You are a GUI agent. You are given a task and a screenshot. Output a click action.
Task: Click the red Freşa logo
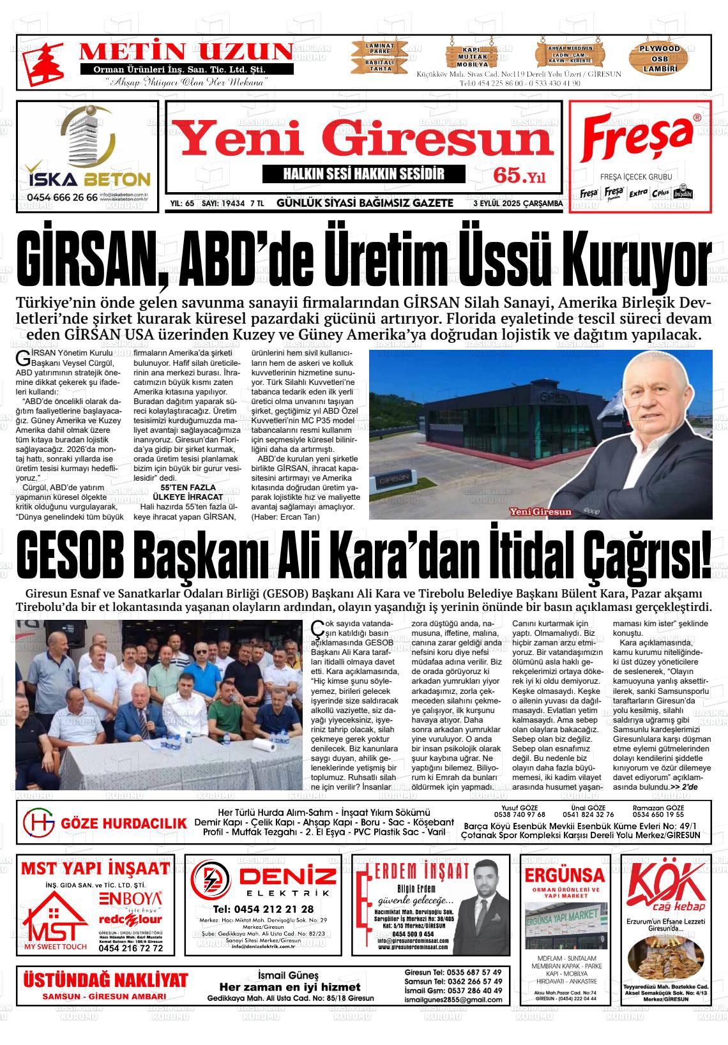639,139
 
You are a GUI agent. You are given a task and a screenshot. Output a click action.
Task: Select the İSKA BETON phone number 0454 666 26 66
62,197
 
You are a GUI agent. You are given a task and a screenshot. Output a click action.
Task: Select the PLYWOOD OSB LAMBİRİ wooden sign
660,58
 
